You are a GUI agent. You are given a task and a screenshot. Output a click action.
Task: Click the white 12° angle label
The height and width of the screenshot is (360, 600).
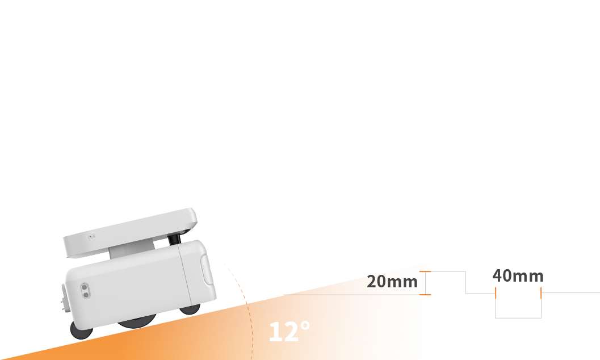(x=289, y=332)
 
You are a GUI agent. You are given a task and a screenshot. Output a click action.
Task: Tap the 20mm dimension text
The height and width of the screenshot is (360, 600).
(x=392, y=281)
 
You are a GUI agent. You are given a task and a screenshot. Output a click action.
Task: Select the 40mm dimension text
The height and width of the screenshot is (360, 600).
(x=518, y=276)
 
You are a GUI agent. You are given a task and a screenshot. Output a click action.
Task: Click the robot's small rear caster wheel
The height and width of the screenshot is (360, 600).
(x=81, y=329)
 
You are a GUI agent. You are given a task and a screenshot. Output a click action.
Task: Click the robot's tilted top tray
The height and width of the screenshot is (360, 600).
(x=131, y=230)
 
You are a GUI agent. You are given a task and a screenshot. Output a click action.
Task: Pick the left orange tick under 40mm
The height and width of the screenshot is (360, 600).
(x=496, y=292)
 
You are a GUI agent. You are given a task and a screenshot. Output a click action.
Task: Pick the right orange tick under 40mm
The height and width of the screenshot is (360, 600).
(x=541, y=292)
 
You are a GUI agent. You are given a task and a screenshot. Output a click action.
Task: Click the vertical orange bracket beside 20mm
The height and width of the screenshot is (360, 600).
(x=426, y=283)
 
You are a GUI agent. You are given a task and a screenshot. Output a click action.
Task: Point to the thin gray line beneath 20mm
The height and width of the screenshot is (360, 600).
(x=352, y=295)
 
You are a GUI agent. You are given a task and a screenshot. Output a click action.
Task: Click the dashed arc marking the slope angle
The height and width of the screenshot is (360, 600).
(x=251, y=329)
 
